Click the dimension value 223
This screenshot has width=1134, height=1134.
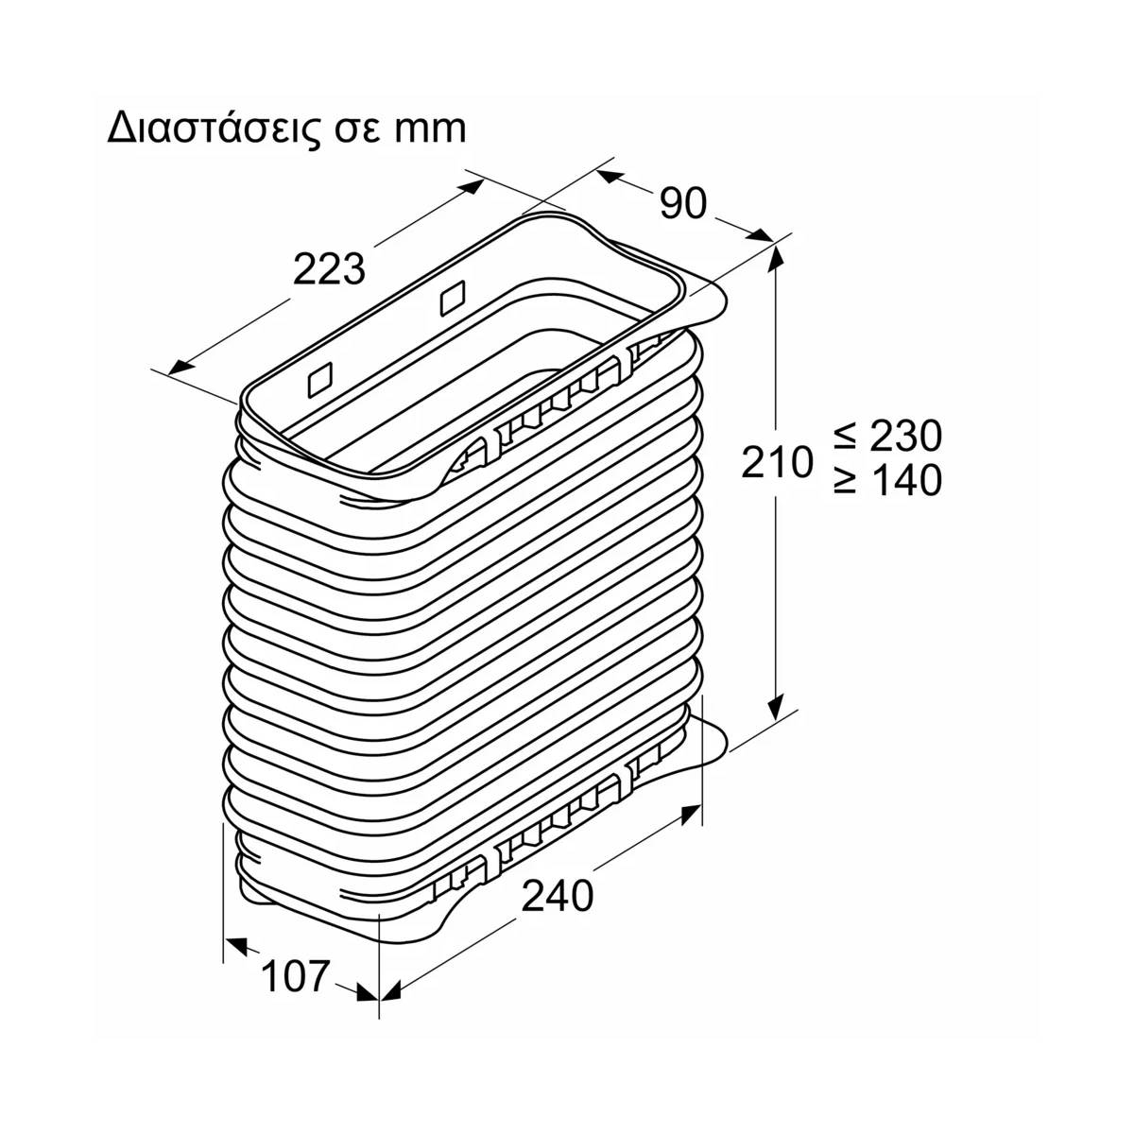(329, 270)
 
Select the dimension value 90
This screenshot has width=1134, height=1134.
(682, 204)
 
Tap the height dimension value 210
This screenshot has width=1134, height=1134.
(777, 461)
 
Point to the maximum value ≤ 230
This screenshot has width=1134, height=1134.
(888, 436)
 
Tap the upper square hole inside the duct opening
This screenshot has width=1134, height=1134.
(454, 297)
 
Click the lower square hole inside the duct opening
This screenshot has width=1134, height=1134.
(320, 380)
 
